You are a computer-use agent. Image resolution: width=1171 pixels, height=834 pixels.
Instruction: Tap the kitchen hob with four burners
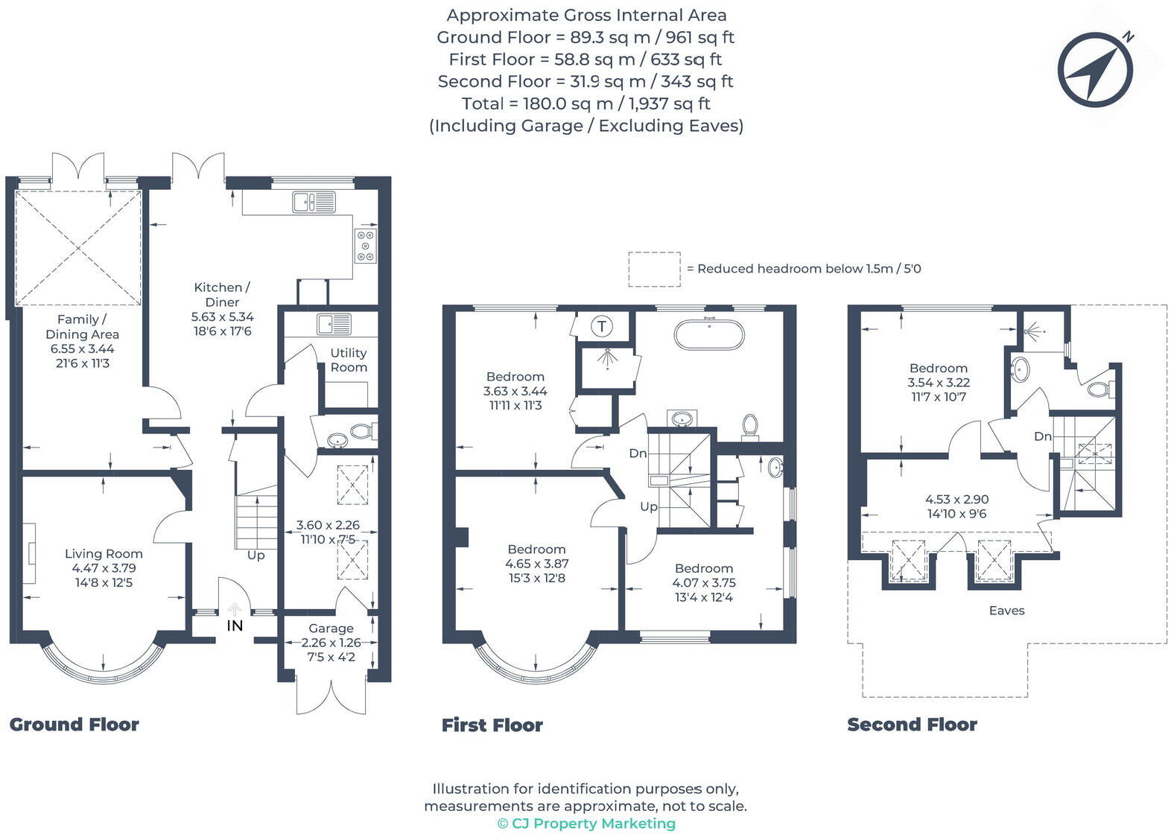click(x=365, y=245)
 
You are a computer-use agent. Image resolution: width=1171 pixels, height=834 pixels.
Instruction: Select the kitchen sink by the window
click(x=314, y=202)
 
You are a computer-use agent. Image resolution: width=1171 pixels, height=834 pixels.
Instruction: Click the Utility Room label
click(x=349, y=360)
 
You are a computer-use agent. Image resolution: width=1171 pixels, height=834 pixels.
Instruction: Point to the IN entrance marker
click(x=235, y=625)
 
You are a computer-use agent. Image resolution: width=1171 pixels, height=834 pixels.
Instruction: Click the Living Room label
click(x=104, y=553)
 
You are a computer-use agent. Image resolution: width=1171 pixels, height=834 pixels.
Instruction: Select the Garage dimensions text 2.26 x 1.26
click(x=331, y=643)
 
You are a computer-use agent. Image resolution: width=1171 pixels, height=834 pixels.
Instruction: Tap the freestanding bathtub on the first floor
click(x=708, y=334)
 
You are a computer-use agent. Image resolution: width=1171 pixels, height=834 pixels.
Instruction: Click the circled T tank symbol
click(x=602, y=326)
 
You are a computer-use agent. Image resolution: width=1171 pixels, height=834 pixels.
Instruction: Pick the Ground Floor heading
click(x=74, y=725)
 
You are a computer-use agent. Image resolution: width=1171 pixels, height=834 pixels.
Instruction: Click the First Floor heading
click(x=492, y=725)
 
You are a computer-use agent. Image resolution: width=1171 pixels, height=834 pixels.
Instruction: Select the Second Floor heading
click(x=912, y=725)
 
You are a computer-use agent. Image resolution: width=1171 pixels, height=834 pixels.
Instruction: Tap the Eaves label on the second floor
click(x=1006, y=611)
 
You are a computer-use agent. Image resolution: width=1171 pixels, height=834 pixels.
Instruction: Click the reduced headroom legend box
click(x=654, y=269)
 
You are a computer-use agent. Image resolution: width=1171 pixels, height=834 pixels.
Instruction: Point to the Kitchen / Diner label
click(x=222, y=295)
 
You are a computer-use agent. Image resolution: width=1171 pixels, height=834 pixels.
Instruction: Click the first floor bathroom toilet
click(x=750, y=427)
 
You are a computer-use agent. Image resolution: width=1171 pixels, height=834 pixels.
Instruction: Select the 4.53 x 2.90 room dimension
click(x=957, y=500)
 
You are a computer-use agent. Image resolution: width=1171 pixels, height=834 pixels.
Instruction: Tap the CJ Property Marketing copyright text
click(x=586, y=824)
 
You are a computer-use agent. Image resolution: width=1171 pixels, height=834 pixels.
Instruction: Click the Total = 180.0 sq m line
click(x=586, y=104)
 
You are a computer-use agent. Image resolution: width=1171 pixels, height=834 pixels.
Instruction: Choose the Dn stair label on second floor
click(x=1042, y=436)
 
